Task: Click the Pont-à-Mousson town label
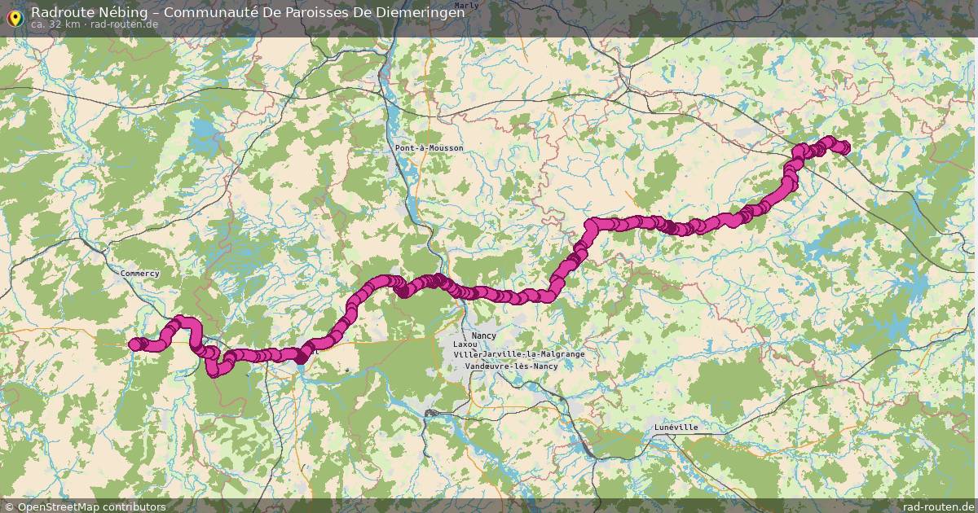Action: click(429, 148)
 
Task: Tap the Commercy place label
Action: click(140, 274)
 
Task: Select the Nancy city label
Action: click(483, 335)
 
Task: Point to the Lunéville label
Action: click(676, 427)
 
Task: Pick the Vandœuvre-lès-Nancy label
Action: click(511, 366)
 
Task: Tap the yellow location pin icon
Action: click(14, 16)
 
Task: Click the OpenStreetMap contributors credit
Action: click(85, 506)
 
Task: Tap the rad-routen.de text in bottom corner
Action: click(938, 506)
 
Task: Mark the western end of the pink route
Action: click(135, 344)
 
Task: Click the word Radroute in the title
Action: click(59, 11)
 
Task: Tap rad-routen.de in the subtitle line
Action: click(125, 24)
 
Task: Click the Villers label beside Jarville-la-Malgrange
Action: click(466, 355)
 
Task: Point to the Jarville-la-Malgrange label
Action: click(533, 355)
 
